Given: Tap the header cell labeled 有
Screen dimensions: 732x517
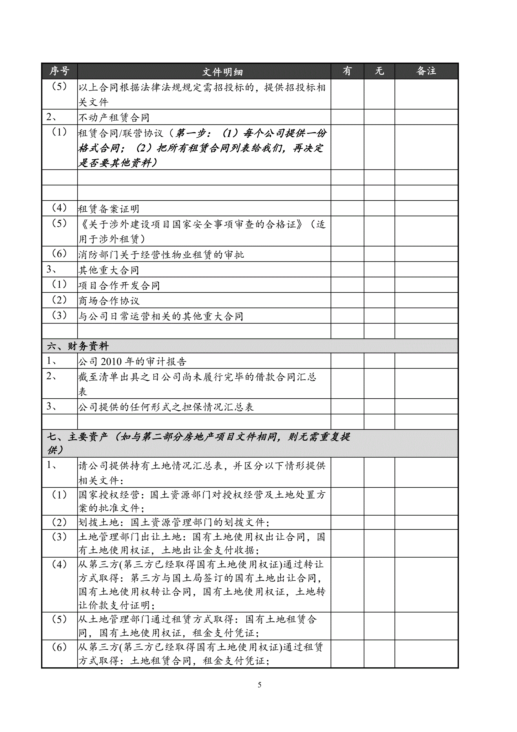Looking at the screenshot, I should point(347,71).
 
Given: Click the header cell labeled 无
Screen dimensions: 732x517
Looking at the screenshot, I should point(379,71).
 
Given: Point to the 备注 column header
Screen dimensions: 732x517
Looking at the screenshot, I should point(426,71).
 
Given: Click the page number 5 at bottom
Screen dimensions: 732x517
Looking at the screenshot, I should point(260,685).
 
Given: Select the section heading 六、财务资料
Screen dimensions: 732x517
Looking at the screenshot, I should point(78,346).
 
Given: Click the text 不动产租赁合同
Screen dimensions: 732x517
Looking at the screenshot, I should point(114,118).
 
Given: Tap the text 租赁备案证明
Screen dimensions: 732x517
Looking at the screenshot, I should point(109,209).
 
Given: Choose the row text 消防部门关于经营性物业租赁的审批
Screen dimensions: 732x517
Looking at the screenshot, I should point(161,254).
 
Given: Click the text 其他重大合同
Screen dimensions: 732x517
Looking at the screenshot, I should point(109,270).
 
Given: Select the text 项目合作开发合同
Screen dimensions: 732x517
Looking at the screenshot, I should point(119,285).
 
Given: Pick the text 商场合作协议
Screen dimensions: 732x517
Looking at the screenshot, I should point(109,301).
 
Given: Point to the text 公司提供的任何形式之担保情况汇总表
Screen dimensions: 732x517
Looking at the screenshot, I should point(166,407).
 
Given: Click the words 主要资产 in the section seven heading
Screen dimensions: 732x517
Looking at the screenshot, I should point(87,436).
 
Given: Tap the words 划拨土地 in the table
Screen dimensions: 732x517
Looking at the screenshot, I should point(99,522).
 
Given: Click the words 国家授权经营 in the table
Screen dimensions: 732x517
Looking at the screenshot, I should point(109,494).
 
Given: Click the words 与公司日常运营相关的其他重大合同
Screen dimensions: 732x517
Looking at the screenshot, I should point(161,316).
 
